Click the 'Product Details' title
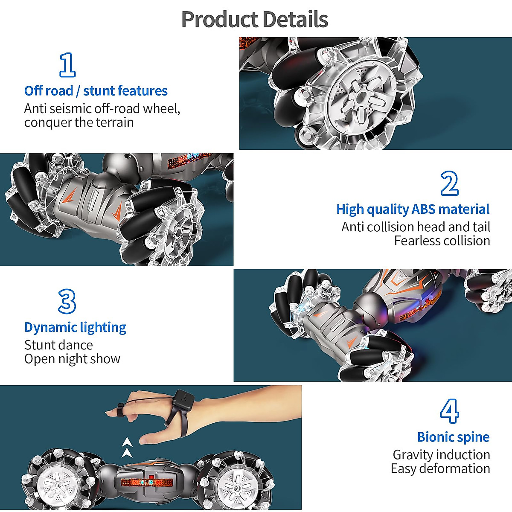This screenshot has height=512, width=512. (x=255, y=20)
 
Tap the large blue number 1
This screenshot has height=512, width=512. (x=67, y=65)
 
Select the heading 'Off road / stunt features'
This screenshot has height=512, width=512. (x=96, y=91)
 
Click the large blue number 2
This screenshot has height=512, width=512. (x=449, y=183)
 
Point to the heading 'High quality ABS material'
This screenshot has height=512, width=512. (x=413, y=209)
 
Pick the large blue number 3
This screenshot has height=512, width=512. (x=67, y=302)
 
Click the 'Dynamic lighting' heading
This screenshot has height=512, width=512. (x=75, y=327)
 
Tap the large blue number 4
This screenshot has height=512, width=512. (x=449, y=411)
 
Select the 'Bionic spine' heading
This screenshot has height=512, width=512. (x=453, y=437)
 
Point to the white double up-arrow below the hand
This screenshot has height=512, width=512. (x=126, y=447)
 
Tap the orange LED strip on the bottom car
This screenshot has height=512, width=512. (x=146, y=483)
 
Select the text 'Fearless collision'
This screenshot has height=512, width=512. (x=442, y=241)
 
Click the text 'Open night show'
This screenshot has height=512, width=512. (x=72, y=359)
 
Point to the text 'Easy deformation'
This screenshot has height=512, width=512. (x=440, y=468)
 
